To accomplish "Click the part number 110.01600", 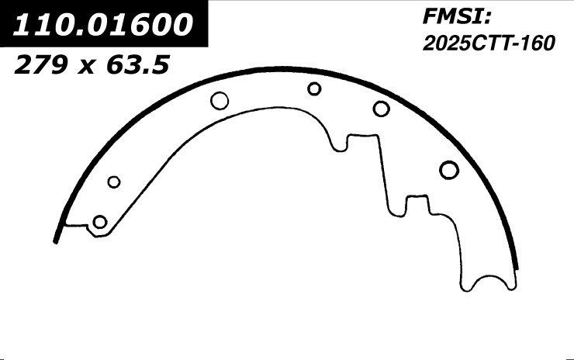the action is coord(103,25).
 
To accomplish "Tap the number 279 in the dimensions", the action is coord(41,65).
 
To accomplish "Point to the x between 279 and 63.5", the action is coord(86,67).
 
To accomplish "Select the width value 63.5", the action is coord(137,65).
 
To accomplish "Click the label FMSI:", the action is coord(457,16).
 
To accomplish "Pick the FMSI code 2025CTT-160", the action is coord(489,43).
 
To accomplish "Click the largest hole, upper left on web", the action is coord(220,101).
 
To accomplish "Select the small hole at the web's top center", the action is coord(314,88).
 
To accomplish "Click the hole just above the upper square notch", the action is coord(381,109).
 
